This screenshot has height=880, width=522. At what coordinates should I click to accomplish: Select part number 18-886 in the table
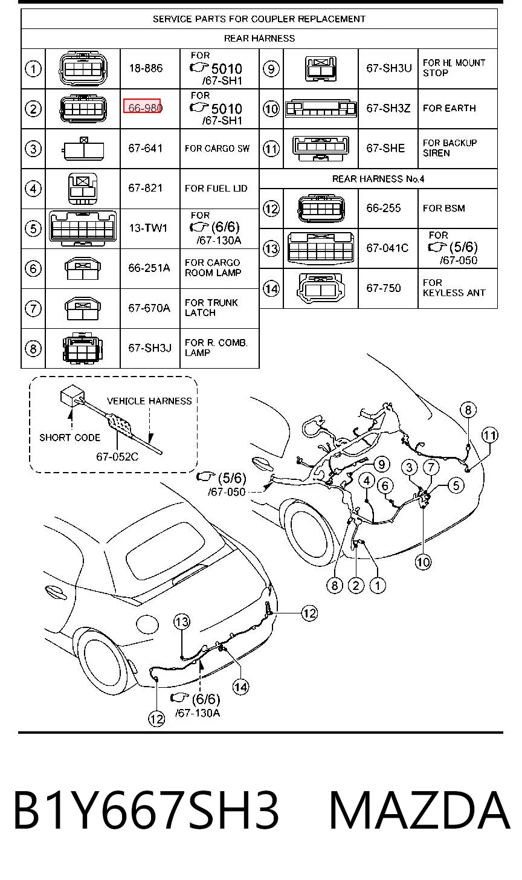coord(146,68)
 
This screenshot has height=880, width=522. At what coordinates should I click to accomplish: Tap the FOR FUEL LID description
coord(216,189)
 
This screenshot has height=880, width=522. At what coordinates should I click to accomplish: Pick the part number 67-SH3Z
coord(388,108)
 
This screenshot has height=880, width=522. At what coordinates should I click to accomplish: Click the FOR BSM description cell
coord(444,208)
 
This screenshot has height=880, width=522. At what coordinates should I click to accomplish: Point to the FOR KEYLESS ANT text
coord(454,288)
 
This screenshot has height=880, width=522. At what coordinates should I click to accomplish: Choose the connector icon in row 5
coord(83,228)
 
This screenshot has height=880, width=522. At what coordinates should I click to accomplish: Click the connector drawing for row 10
coord(321,109)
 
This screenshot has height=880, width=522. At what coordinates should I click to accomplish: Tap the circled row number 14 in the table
coord(271,289)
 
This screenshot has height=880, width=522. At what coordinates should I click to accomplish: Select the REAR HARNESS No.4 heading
coord(378,179)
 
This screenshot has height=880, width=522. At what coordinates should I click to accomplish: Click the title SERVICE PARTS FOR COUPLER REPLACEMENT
coord(259,19)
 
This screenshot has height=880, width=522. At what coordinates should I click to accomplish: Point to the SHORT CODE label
coord(70,438)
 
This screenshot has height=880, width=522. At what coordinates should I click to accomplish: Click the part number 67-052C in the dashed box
coord(117,457)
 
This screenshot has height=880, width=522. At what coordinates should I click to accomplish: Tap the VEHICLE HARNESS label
coord(149,401)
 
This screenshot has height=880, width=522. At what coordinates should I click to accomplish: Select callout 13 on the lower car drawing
coord(182,622)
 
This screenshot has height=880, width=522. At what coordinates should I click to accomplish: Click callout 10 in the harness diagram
coord(423,562)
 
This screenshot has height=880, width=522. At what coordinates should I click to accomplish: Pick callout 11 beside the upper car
coord(490,435)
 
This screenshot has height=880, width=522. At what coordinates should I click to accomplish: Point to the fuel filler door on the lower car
coord(147,624)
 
